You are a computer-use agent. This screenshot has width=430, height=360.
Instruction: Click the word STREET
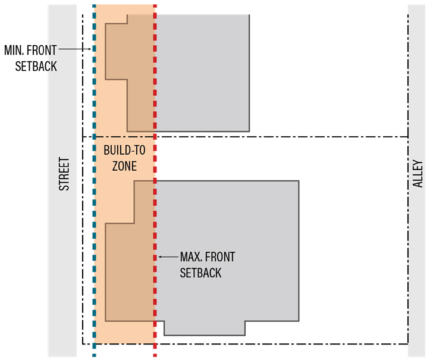pos(64,174)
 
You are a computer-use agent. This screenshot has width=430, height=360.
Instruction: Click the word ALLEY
pos(418,174)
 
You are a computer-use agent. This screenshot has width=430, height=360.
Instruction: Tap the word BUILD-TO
pos(124,150)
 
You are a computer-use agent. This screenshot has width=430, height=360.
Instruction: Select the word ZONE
pos(124,166)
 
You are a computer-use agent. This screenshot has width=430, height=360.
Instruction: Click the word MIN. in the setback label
pos(14,50)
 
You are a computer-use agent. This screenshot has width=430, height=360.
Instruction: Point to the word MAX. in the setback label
pos(190,257)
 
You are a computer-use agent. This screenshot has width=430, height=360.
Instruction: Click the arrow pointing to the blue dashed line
pos(75,49)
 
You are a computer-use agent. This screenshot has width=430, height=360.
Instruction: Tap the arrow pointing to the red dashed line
pos(168,257)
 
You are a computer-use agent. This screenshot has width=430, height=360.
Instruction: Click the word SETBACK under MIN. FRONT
pos(36,66)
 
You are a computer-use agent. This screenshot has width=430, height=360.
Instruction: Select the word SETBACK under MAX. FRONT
pos(200,273)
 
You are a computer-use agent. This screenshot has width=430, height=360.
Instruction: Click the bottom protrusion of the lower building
pos(205,328)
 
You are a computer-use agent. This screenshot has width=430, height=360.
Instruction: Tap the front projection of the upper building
pos(117,52)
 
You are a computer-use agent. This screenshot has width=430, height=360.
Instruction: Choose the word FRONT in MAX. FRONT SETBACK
pos(220,257)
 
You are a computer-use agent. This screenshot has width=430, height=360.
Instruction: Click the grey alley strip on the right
pos(416,180)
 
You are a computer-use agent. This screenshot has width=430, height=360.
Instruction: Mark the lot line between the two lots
pos(245,137)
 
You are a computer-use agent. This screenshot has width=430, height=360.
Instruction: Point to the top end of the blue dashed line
pos(95,5)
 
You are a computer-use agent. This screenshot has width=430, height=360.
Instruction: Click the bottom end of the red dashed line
pos(155,356)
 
